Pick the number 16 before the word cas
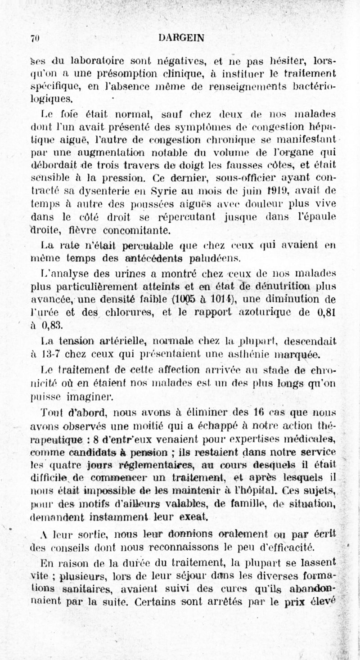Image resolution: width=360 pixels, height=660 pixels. (258, 413)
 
